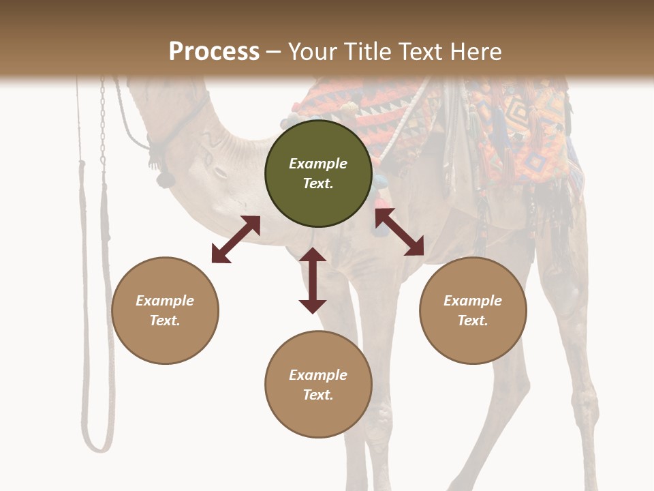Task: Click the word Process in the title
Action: (214, 52)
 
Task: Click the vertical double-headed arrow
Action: (313, 280)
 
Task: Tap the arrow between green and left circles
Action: (236, 239)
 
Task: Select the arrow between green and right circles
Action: (399, 232)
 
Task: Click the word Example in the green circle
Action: (318, 164)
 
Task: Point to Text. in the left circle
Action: (165, 321)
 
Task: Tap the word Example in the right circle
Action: (473, 301)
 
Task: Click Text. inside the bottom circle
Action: (318, 395)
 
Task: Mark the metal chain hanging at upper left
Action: (103, 123)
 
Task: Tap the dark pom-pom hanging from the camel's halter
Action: (165, 179)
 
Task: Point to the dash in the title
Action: (274, 52)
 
